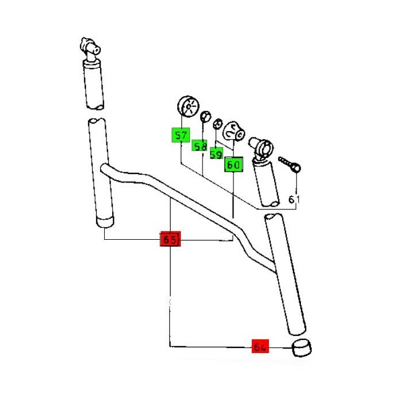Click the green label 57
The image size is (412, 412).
(181, 136)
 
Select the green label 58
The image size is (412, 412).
(199, 146)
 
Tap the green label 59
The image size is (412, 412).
(216, 154)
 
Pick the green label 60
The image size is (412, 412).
(233, 165)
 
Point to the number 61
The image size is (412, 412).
(294, 200)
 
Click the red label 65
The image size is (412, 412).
(170, 239)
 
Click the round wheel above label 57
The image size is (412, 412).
(186, 107)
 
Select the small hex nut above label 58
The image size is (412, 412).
(204, 118)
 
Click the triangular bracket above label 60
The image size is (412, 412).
(233, 130)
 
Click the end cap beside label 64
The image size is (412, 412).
(302, 347)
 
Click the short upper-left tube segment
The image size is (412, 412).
(94, 86)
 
